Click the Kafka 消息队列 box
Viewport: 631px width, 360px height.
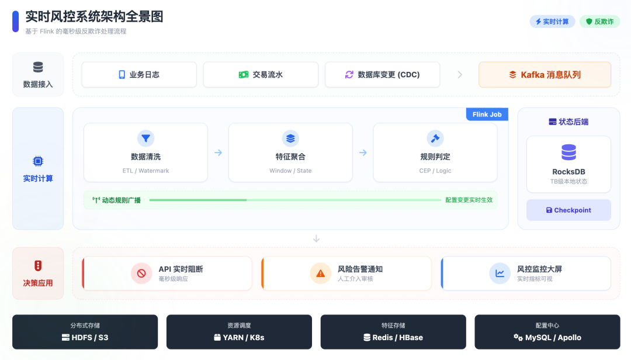[x=545, y=75]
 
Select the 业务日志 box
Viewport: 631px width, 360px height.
[x=139, y=75]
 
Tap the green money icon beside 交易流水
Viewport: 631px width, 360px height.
[x=244, y=75]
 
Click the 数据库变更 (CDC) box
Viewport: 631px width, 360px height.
[x=382, y=75]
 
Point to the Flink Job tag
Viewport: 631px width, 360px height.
[x=487, y=115]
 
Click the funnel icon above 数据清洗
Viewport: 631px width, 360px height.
[x=145, y=139]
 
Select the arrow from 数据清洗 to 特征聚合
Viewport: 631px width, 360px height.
[x=218, y=153]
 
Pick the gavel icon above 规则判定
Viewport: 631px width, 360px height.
[x=435, y=139]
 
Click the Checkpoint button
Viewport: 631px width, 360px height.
[x=568, y=210]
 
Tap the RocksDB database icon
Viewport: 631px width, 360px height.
[x=568, y=153]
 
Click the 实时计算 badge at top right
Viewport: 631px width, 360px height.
[x=552, y=22]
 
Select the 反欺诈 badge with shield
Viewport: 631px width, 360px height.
[x=599, y=22]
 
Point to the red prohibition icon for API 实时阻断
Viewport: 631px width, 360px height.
[x=141, y=273]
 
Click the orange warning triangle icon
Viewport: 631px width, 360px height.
[x=320, y=273]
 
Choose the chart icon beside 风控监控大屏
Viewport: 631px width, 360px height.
[x=500, y=273]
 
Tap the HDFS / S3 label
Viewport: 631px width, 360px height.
[x=85, y=337]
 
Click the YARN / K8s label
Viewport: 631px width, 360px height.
[x=239, y=337]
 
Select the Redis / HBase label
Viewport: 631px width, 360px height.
[x=393, y=337]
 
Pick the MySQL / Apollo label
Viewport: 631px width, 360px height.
[x=547, y=337]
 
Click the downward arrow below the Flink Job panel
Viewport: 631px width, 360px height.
[x=317, y=238]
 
